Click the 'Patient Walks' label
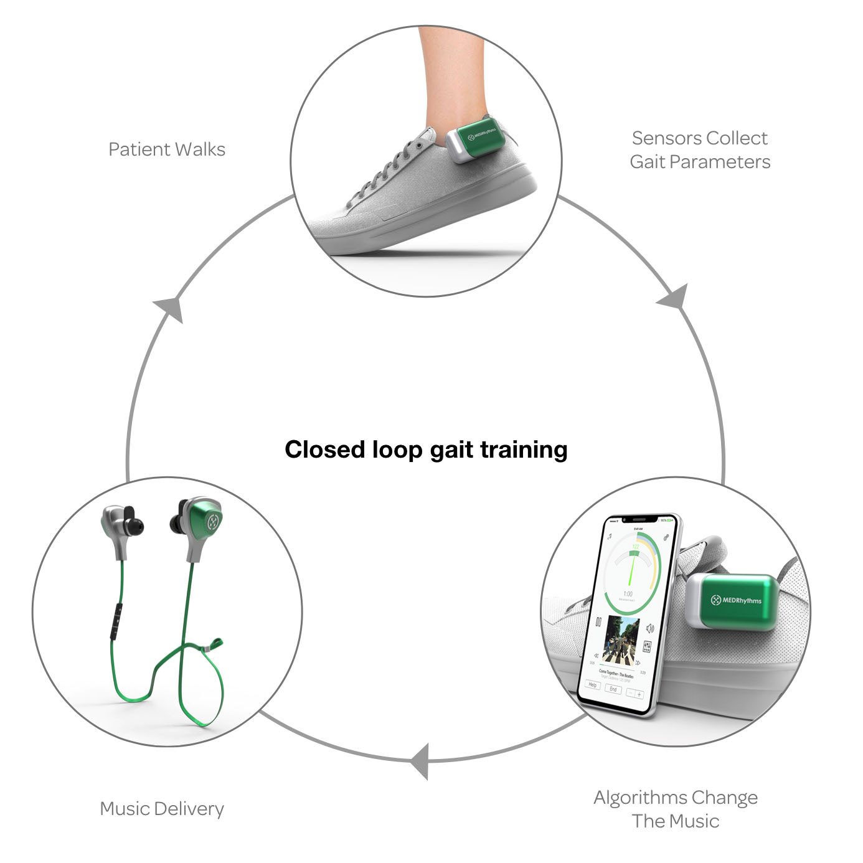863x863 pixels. point(166,149)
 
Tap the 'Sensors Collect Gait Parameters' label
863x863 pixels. point(700,149)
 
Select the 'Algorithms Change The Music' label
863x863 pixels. point(676,809)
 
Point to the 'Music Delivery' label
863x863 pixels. point(162,809)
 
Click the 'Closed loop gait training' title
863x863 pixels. point(426,450)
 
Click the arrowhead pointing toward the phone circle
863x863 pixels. point(675,298)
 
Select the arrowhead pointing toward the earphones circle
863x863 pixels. point(421,761)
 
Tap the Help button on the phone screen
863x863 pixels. point(592,686)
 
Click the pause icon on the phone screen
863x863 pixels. point(598,621)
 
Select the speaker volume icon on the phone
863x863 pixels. point(650,628)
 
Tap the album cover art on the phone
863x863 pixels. point(621,639)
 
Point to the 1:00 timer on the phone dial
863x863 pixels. point(628,593)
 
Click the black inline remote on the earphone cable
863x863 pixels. point(116,620)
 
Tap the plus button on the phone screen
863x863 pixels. point(639,694)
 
